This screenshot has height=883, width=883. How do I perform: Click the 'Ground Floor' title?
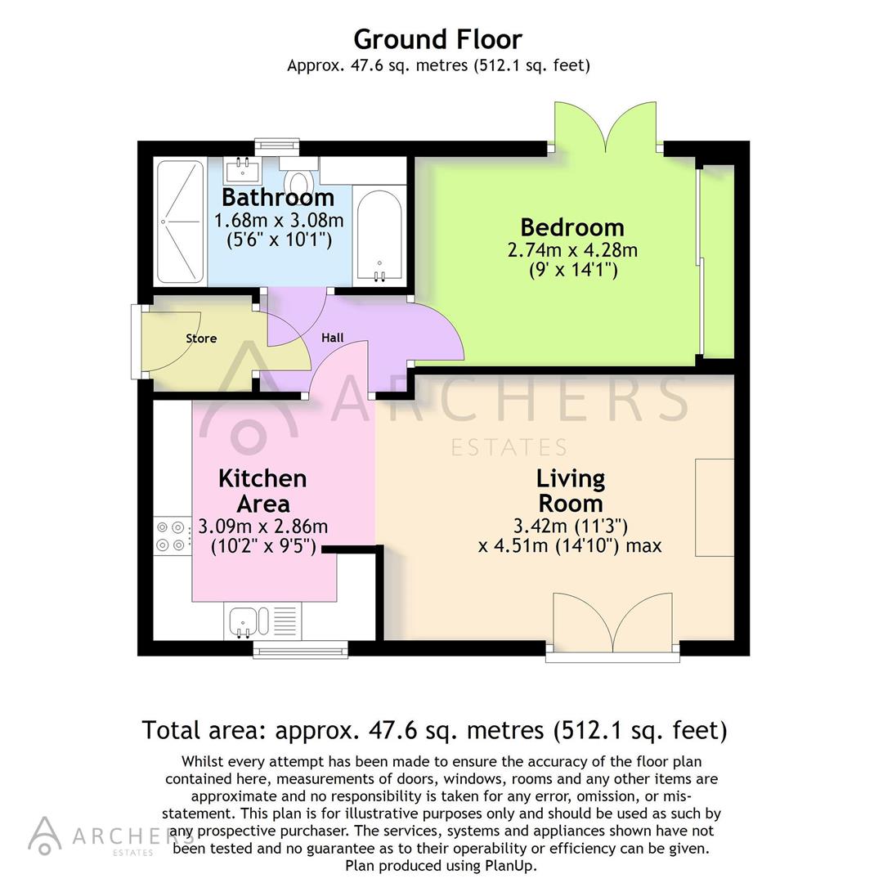(x=437, y=39)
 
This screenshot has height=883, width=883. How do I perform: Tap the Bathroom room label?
(x=278, y=198)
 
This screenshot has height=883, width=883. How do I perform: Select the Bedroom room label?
(x=572, y=227)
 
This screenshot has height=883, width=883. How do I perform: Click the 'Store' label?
(x=201, y=338)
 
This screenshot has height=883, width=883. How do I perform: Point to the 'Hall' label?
(x=332, y=338)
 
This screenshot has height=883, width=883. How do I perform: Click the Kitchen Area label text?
(x=262, y=491)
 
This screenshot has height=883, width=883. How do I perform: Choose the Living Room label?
(x=570, y=491)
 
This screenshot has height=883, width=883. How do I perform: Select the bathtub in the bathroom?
(x=379, y=237)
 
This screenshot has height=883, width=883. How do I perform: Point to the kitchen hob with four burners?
(x=172, y=536)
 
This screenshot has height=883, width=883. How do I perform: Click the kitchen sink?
(x=244, y=621)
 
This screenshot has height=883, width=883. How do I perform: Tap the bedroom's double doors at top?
(x=605, y=128)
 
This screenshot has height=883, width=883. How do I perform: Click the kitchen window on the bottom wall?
(x=300, y=650)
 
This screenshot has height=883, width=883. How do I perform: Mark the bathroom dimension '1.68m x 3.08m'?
(x=278, y=221)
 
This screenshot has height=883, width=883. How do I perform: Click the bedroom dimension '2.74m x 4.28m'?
(x=572, y=250)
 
